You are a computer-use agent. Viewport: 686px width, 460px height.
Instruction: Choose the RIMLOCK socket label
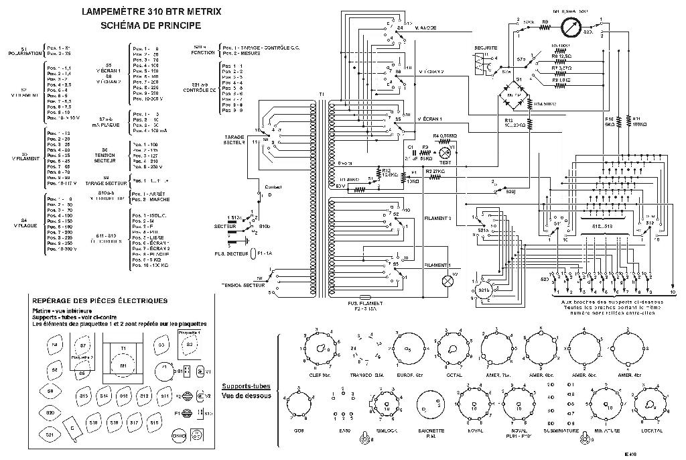coord(386,429)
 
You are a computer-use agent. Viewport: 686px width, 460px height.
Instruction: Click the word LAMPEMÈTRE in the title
coord(108,13)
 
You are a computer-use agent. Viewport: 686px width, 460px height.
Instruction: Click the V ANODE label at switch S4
coord(426,28)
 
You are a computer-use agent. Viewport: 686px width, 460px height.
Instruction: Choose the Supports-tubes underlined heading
coord(246,388)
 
